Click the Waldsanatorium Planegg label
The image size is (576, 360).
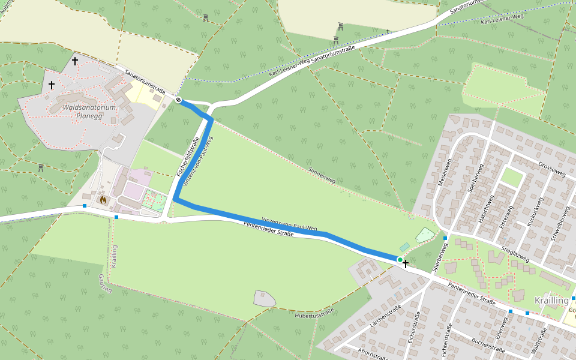coord(89,112)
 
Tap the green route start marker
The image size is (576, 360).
coord(400,259)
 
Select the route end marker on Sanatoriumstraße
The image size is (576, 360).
coord(178,100)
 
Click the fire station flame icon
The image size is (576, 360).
coord(103,199)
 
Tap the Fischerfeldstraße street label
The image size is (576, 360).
coord(187,157)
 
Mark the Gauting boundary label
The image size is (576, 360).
coord(106,284)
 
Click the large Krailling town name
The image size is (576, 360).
coord(551,300)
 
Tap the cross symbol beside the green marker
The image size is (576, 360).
coord(406,264)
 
